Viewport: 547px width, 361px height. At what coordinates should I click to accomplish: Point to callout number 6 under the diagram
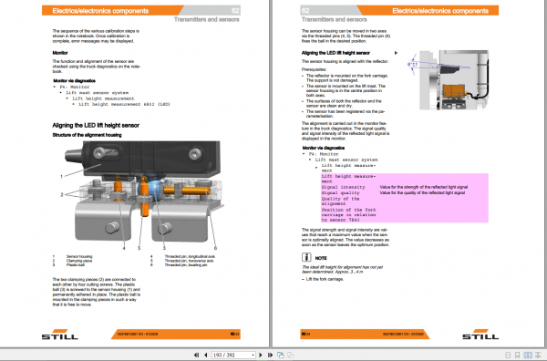pyautogui.click(x=215, y=247)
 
